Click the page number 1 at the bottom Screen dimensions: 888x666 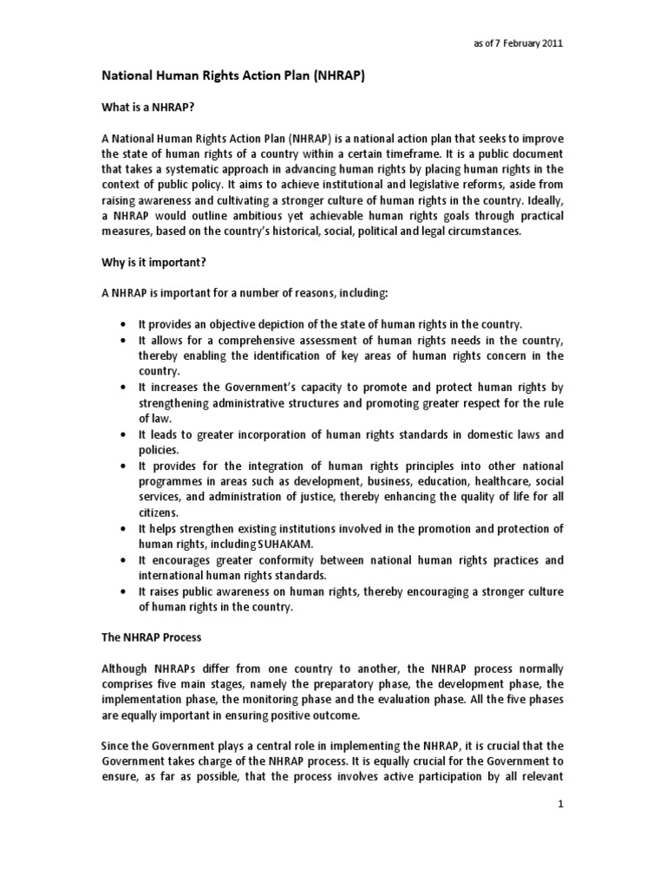coord(561,804)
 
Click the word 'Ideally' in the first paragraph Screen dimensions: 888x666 coord(544,200)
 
